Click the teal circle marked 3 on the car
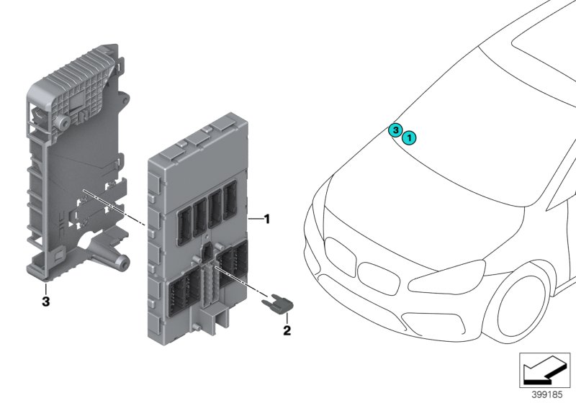395,130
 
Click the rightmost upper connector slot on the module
230,198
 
